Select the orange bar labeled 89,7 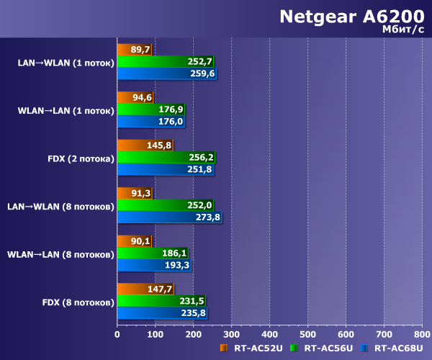(133, 50)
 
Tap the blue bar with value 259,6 (166, 73)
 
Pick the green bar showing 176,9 (150, 109)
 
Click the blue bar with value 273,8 (168, 217)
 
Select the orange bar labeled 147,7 (144, 289)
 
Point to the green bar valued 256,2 (165, 157)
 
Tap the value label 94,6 (141, 97)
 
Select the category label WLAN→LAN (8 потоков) (60, 254)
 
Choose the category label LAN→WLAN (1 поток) (66, 63)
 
